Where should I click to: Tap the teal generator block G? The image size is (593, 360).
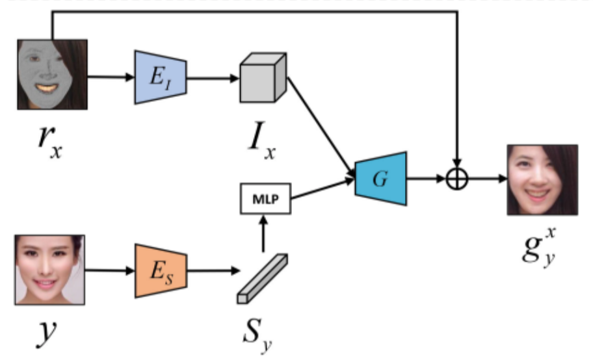[381, 175]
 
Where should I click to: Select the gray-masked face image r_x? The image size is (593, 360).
[51, 73]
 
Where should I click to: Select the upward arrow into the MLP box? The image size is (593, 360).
[263, 235]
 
